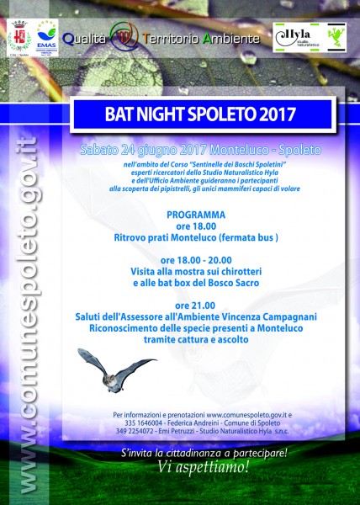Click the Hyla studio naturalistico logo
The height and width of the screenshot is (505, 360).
pyautogui.click(x=306, y=37)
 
